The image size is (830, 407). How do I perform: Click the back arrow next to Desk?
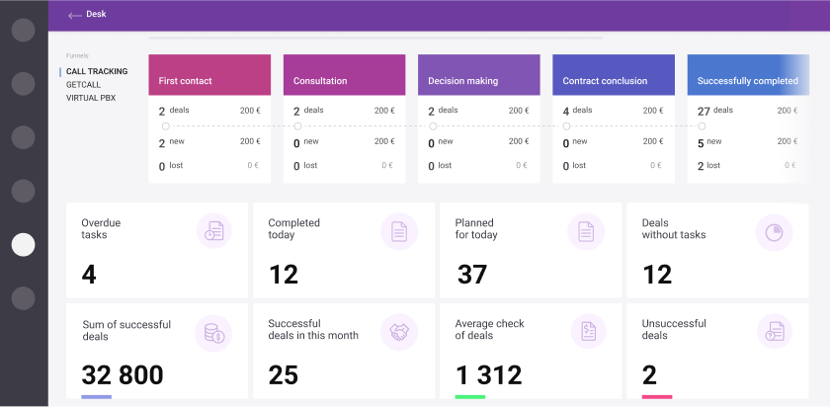(x=74, y=15)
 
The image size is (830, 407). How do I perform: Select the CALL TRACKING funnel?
(x=96, y=72)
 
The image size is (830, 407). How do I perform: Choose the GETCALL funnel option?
(x=83, y=85)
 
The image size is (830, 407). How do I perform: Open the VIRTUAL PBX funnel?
(x=91, y=98)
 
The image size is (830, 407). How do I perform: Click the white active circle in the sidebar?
(x=23, y=245)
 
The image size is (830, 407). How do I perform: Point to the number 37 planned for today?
(x=472, y=275)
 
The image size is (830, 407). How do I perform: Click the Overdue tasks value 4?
(x=89, y=275)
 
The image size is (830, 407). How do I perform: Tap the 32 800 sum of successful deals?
(x=123, y=375)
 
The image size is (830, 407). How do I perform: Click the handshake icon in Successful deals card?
(x=399, y=332)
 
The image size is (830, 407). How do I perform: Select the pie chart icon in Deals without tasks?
(x=773, y=232)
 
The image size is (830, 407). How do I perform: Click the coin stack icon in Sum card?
(x=212, y=332)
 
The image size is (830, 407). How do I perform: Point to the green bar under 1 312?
(x=469, y=397)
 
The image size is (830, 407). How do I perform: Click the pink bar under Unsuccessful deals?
(x=656, y=397)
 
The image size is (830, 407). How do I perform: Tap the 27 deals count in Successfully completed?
(x=704, y=111)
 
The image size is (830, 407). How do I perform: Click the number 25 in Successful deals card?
(x=284, y=375)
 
